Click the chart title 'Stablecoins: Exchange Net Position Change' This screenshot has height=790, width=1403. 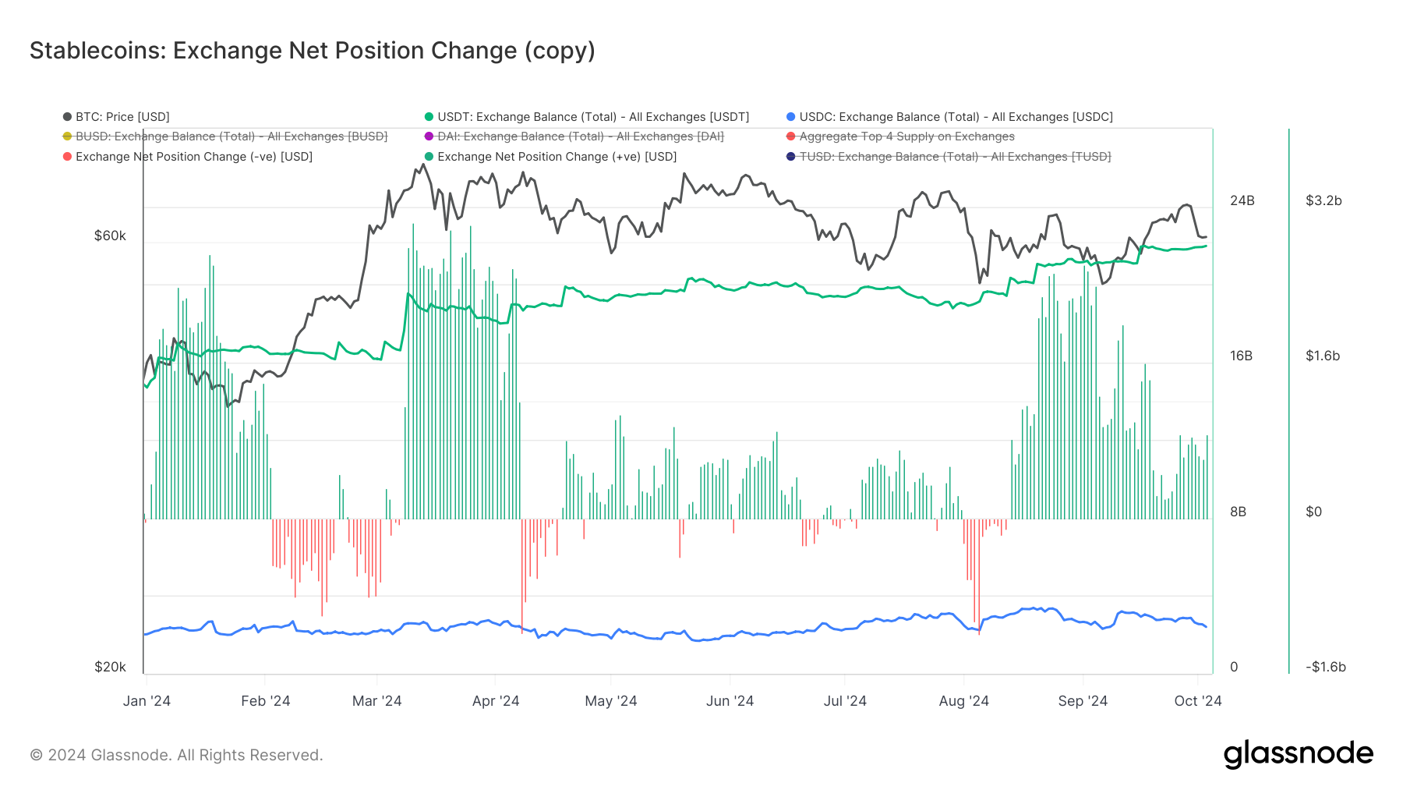click(312, 51)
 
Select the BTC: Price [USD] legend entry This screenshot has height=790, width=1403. click(122, 117)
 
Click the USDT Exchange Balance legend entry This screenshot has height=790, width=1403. click(592, 117)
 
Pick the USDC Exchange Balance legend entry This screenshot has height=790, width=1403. click(956, 117)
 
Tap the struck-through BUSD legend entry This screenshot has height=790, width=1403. click(231, 136)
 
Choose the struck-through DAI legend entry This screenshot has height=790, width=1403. click(580, 136)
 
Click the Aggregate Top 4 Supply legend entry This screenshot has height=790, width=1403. click(906, 136)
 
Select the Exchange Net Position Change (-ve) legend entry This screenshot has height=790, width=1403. click(193, 157)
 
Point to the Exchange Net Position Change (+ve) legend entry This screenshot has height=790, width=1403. click(557, 157)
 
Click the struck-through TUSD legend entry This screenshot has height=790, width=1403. click(955, 157)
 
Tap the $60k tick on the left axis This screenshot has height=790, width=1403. click(110, 236)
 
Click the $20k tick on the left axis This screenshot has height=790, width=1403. click(110, 667)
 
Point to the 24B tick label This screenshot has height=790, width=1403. click(1242, 200)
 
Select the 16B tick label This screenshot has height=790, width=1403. click(1242, 356)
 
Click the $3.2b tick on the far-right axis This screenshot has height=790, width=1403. click(1323, 200)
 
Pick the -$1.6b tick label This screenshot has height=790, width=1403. click(1326, 667)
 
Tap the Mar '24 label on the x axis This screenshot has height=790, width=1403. click(376, 701)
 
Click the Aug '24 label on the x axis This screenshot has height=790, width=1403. click(963, 701)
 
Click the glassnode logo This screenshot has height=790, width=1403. click(1298, 754)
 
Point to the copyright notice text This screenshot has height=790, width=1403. click(176, 755)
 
